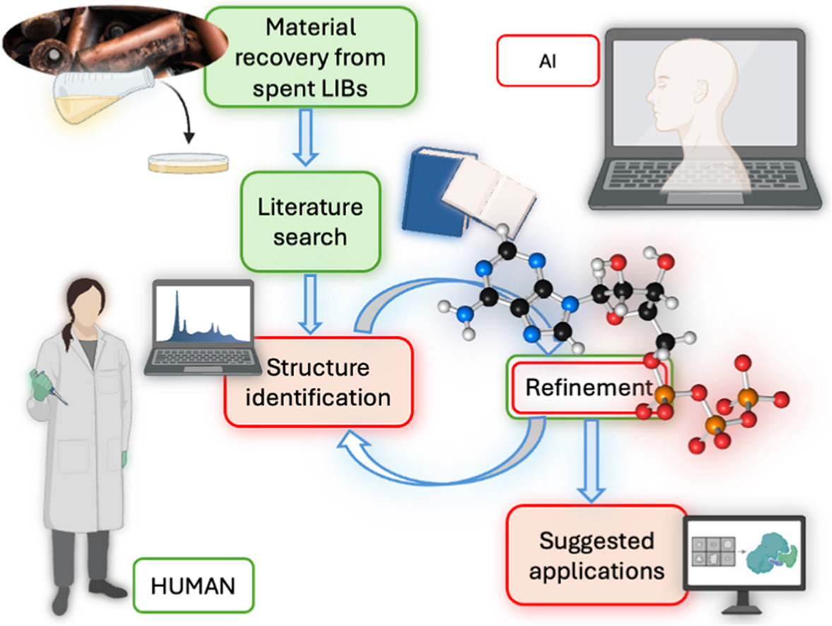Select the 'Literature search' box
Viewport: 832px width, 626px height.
tap(310, 221)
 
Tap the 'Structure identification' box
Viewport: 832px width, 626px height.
tap(318, 382)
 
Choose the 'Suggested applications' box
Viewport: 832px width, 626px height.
tap(597, 555)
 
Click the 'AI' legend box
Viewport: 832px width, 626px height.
tap(548, 61)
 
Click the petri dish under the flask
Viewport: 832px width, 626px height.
tap(188, 163)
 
